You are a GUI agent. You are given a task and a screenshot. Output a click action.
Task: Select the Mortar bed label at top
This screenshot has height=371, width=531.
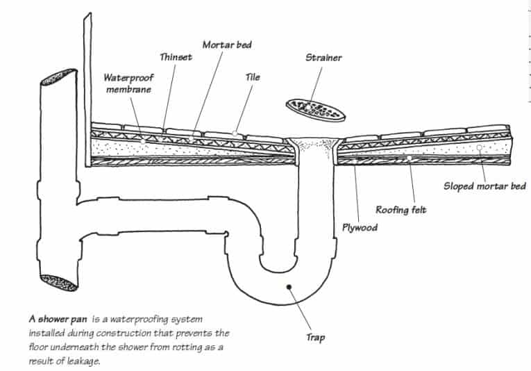pos(227,44)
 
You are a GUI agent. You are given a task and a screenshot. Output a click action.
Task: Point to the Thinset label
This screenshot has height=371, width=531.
pos(176,58)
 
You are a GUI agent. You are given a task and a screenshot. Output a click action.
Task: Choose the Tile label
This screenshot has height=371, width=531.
pos(253,77)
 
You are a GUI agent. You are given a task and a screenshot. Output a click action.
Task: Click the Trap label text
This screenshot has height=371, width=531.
pos(315,338)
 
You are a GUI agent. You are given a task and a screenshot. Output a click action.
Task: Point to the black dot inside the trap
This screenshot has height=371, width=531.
pos(287,286)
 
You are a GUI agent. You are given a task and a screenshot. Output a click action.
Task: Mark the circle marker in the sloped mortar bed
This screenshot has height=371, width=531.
pos(480,148)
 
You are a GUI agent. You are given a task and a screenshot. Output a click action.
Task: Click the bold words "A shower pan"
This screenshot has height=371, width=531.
pos(58,319)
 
